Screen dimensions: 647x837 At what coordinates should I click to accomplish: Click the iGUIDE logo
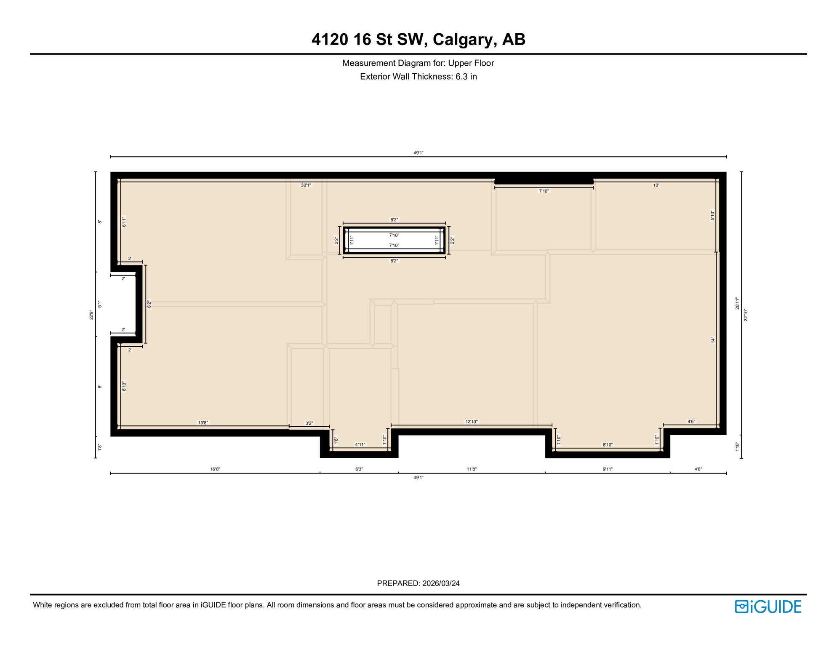(x=768, y=607)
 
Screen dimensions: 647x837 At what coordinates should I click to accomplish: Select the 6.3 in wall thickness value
(x=466, y=77)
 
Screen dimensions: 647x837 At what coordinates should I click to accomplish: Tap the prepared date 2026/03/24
(x=441, y=583)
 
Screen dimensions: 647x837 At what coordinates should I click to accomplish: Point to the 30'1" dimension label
(x=306, y=185)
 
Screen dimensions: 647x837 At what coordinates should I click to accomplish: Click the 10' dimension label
(x=656, y=185)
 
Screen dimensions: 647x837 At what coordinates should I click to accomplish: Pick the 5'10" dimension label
(x=712, y=216)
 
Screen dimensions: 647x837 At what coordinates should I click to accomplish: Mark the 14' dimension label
(x=713, y=340)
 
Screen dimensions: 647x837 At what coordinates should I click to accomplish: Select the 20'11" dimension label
(x=737, y=304)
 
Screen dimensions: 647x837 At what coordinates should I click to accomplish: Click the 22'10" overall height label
(x=746, y=315)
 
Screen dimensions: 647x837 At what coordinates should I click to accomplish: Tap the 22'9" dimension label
(x=91, y=315)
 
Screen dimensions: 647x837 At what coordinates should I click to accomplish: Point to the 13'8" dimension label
(x=203, y=422)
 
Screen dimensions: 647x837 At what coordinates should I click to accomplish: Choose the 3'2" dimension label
(x=309, y=423)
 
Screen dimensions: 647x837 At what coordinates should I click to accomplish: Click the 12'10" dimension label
(x=472, y=422)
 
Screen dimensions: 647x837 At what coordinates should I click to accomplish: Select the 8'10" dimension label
(x=608, y=445)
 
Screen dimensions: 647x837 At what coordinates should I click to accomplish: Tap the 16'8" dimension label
(x=215, y=469)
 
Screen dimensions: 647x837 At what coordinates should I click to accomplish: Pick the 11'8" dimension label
(x=472, y=469)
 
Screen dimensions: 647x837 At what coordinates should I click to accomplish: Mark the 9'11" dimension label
(x=608, y=469)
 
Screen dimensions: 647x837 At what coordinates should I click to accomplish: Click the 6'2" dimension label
(x=149, y=304)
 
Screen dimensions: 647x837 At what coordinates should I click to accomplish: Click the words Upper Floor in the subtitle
(x=471, y=63)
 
